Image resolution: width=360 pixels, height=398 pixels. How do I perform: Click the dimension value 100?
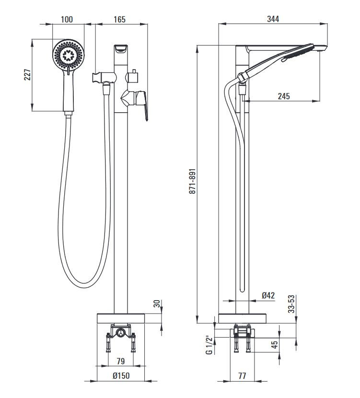point(67,19)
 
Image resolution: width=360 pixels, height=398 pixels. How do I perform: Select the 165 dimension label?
point(120,19)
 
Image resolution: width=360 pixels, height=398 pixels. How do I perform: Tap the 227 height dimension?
point(27,75)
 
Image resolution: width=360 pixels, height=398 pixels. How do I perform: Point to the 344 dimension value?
point(272,19)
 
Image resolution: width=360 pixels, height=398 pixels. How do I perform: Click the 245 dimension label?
point(283,96)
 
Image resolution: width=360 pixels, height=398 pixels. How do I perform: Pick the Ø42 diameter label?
point(268,296)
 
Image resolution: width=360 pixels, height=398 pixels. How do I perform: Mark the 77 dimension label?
point(242,376)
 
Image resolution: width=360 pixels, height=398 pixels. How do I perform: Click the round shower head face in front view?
point(69,54)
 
